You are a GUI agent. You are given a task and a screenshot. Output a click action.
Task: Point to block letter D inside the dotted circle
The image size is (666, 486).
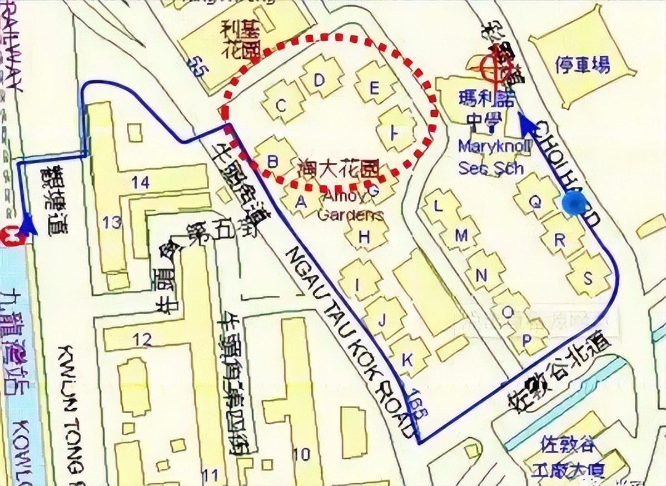(x=319, y=80)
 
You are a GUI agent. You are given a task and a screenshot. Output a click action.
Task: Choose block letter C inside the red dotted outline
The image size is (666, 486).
(x=282, y=104)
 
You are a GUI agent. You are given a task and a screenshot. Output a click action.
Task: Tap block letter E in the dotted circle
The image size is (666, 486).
(x=374, y=88)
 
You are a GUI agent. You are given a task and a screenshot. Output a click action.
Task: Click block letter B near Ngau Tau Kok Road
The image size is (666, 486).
(x=272, y=161)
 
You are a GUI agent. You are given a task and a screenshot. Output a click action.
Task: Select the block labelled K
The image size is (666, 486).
(x=407, y=357)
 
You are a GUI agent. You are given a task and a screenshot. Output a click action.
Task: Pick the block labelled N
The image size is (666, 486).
(x=482, y=275)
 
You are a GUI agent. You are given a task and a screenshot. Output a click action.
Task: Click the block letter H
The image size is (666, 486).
(x=364, y=237)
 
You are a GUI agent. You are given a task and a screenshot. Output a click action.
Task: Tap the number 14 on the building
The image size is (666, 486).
(x=141, y=181)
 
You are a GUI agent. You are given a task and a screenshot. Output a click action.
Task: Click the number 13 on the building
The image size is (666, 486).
(x=112, y=222)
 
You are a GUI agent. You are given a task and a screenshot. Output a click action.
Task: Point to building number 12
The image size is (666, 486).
(x=142, y=339)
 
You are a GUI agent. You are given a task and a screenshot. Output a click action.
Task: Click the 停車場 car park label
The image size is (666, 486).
(x=583, y=65)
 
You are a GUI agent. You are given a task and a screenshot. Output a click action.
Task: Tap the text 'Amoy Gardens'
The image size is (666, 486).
(x=351, y=206)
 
